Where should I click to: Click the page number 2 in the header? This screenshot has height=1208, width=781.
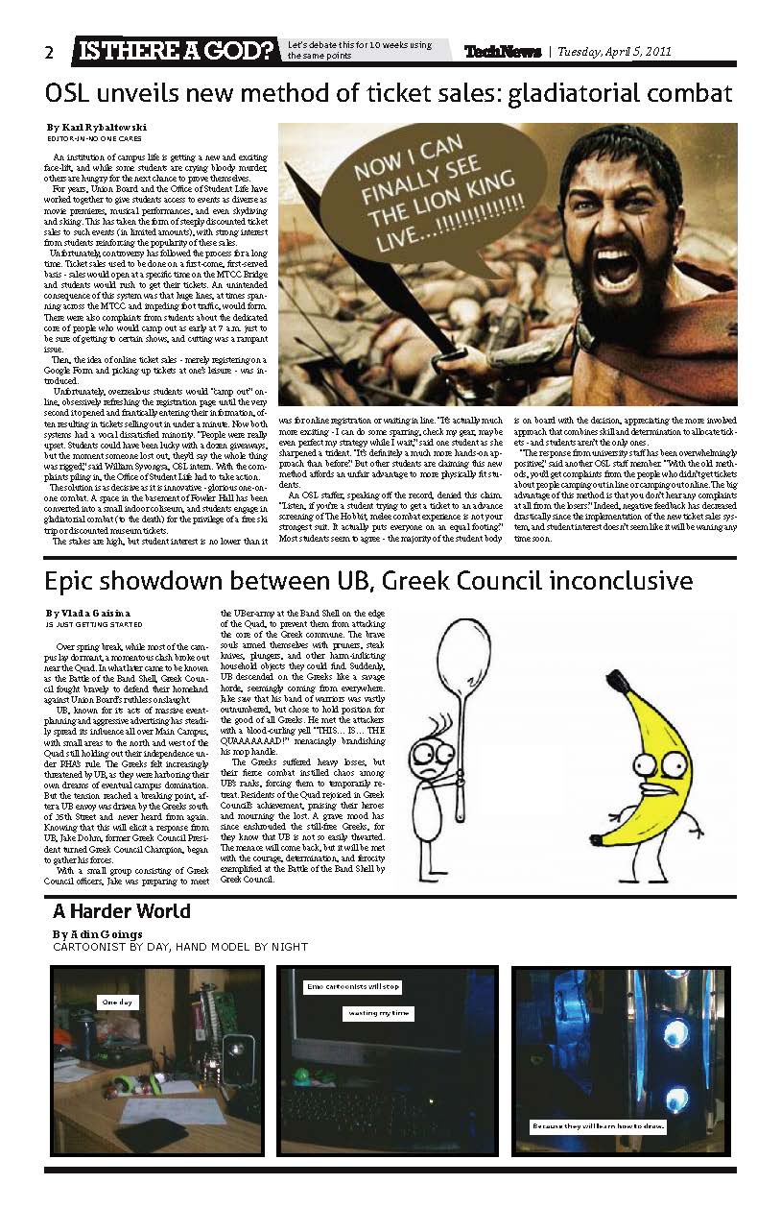tap(49, 53)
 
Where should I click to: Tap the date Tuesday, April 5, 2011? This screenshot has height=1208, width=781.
tap(614, 52)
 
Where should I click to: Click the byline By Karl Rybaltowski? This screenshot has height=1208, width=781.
tap(91, 128)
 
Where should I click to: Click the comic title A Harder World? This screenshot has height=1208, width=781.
tap(121, 910)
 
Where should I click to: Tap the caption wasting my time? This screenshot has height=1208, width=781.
tap(378, 1013)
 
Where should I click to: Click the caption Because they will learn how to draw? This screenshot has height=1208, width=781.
tap(598, 1126)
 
